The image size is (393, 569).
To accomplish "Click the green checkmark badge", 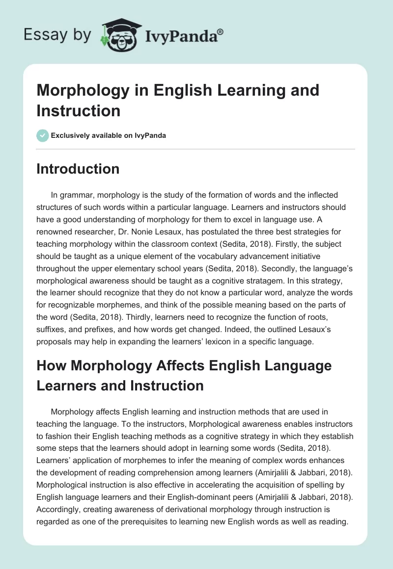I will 42,135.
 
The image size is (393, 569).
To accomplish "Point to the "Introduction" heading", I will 78,169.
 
